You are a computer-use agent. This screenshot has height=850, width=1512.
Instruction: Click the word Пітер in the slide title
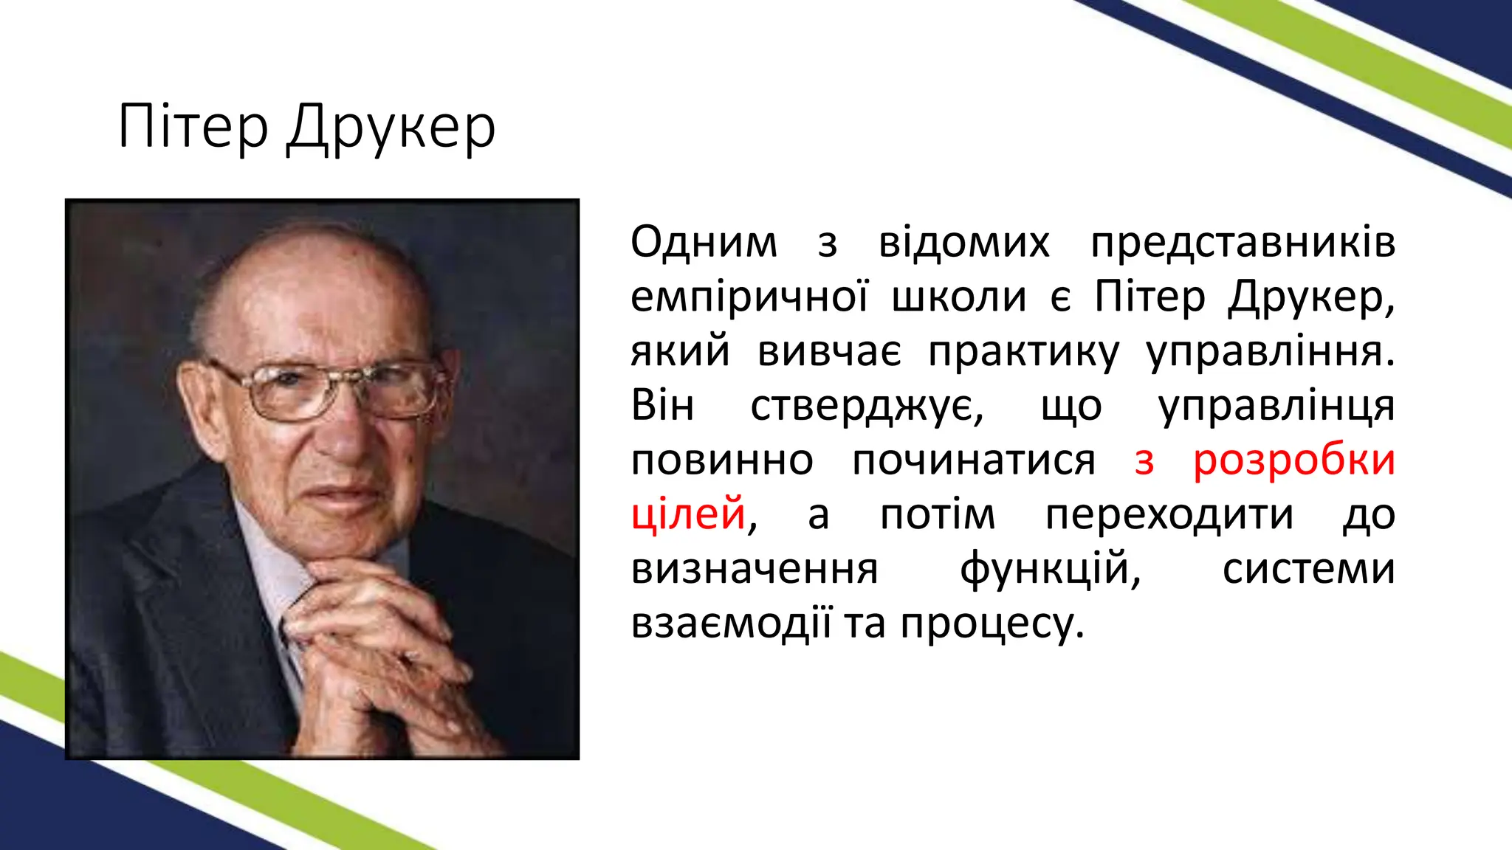(193, 127)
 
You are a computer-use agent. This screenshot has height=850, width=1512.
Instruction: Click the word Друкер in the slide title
(391, 129)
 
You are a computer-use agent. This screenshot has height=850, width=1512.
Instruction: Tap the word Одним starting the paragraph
(704, 242)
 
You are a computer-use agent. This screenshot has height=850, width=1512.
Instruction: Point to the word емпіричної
(750, 297)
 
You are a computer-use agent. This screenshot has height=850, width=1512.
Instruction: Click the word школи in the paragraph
(959, 297)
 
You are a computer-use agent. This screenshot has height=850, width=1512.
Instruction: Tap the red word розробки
(1294, 461)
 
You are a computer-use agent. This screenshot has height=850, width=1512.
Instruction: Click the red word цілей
(689, 514)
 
